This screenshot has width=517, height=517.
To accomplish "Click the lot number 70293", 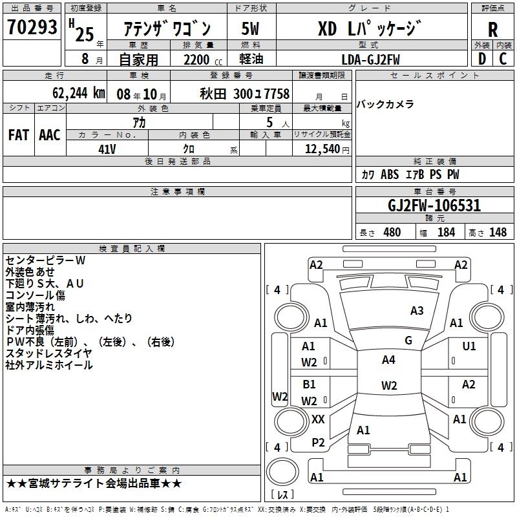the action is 32,27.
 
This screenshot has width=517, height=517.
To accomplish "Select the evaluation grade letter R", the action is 492,29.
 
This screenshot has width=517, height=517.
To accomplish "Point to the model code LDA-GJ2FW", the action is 370,59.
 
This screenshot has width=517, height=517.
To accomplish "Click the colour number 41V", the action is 107,149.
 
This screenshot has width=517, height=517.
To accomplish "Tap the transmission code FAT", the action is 19,135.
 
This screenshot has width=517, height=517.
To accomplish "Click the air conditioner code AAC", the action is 50,135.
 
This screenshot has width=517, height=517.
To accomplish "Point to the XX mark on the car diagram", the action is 318,419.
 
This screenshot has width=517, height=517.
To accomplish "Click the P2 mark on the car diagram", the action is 318,442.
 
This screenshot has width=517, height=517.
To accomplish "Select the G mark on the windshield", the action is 408,341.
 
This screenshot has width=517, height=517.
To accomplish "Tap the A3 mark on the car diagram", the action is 417,311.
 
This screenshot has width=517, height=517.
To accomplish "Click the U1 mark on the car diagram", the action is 469,346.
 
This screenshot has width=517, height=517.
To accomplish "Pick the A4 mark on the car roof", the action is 388,360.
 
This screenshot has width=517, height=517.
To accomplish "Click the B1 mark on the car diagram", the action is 309,385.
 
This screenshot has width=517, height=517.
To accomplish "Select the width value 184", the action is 446,233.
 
